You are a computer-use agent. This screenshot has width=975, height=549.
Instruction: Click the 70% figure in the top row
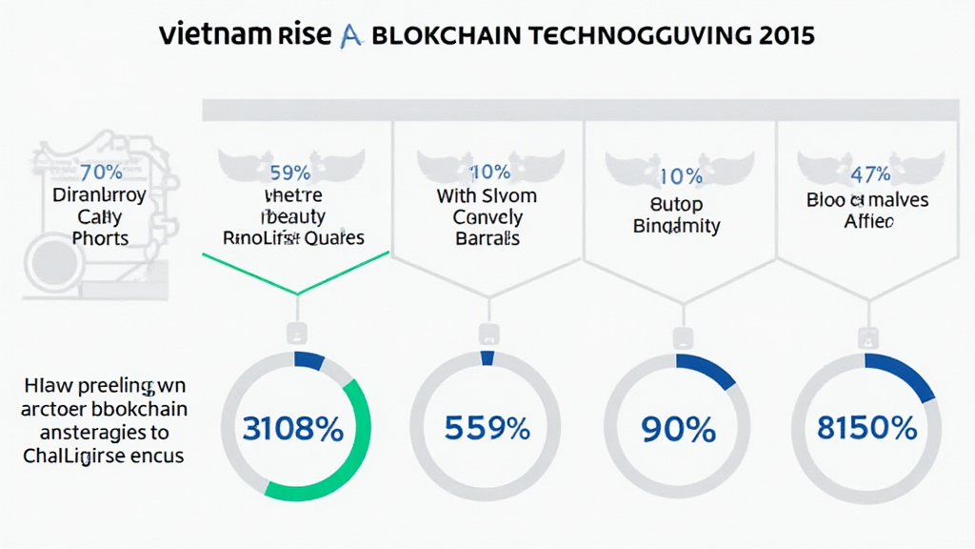point(101,173)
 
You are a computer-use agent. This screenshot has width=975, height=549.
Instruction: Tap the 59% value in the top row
point(290,173)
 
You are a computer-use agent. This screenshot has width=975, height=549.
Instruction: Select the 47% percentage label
point(870,174)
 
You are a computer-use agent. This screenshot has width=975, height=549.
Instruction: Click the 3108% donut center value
point(293,429)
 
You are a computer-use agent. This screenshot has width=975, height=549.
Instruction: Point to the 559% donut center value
point(487,429)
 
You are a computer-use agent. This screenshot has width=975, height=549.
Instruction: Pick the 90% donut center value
point(679,430)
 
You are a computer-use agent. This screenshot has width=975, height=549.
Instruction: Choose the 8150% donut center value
point(867,429)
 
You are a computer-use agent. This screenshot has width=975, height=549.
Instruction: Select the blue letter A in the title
point(349,36)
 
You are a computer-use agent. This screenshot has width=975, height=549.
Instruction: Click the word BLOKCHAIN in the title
point(446,36)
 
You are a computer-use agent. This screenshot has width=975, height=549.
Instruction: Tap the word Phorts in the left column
point(100,238)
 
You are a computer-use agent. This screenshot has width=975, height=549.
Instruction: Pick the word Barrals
point(487,238)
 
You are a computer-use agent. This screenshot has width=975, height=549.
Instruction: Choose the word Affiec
point(868,222)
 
